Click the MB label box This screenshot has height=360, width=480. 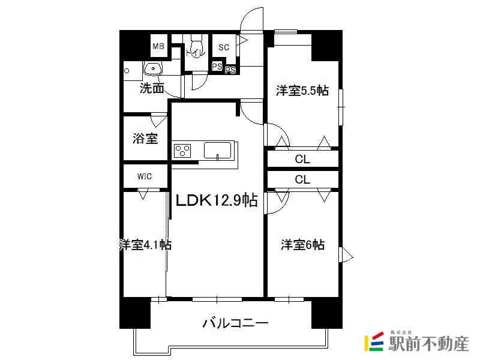[x=158, y=46]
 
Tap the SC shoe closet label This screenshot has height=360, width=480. [x=224, y=47]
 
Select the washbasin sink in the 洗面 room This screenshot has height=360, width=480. [x=153, y=68]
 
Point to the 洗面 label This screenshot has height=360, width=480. [x=152, y=88]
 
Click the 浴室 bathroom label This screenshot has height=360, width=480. [x=145, y=139]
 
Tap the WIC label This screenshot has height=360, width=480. [x=145, y=176]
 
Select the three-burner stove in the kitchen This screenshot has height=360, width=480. [x=182, y=151]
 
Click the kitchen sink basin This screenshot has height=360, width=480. [x=217, y=150]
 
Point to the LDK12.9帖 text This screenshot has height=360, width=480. [x=217, y=200]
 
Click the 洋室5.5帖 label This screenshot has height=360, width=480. [x=302, y=91]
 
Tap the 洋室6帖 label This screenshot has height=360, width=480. [x=303, y=245]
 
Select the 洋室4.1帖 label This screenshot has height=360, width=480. [x=145, y=245]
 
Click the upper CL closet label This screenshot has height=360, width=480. [x=302, y=159]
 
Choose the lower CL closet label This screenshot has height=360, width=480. [x=302, y=179]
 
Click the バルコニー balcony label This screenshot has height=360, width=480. [x=235, y=323]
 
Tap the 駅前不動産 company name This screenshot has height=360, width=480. [x=428, y=343]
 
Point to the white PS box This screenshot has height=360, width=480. [x=217, y=66]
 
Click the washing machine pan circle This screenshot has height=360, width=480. [x=127, y=71]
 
